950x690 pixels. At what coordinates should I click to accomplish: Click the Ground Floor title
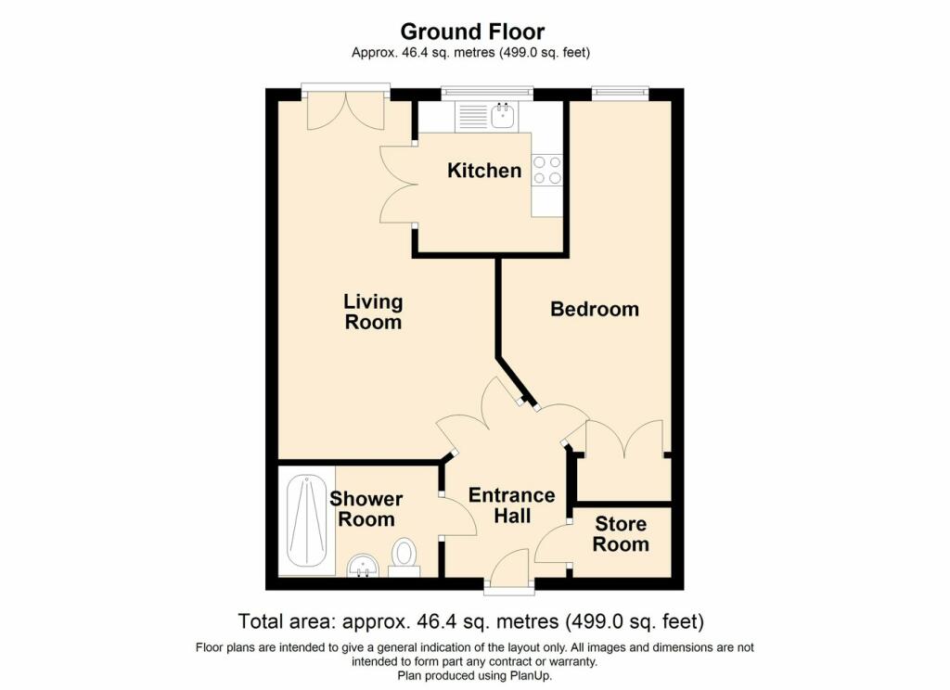tap(472, 31)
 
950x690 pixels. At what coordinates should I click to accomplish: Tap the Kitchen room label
tap(484, 171)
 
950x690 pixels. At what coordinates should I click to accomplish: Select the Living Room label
tap(373, 312)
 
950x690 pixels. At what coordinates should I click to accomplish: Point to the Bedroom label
tap(595, 309)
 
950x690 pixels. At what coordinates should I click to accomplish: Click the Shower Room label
tap(366, 509)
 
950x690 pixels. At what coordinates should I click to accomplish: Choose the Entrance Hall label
tap(512, 505)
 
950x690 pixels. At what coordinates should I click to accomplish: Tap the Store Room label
tap(621, 533)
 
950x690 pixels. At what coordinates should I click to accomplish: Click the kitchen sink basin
tap(503, 116)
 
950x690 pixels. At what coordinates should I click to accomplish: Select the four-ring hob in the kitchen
tap(546, 171)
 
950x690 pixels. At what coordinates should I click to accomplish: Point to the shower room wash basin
tap(363, 568)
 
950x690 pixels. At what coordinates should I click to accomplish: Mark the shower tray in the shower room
tap(306, 521)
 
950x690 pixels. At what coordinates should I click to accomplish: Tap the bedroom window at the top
tap(621, 92)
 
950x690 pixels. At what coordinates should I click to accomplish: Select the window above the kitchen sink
tap(487, 93)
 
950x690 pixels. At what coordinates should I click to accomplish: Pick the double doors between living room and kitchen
tap(397, 185)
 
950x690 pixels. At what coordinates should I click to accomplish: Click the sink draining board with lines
tap(471, 116)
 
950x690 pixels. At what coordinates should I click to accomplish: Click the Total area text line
tap(470, 621)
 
